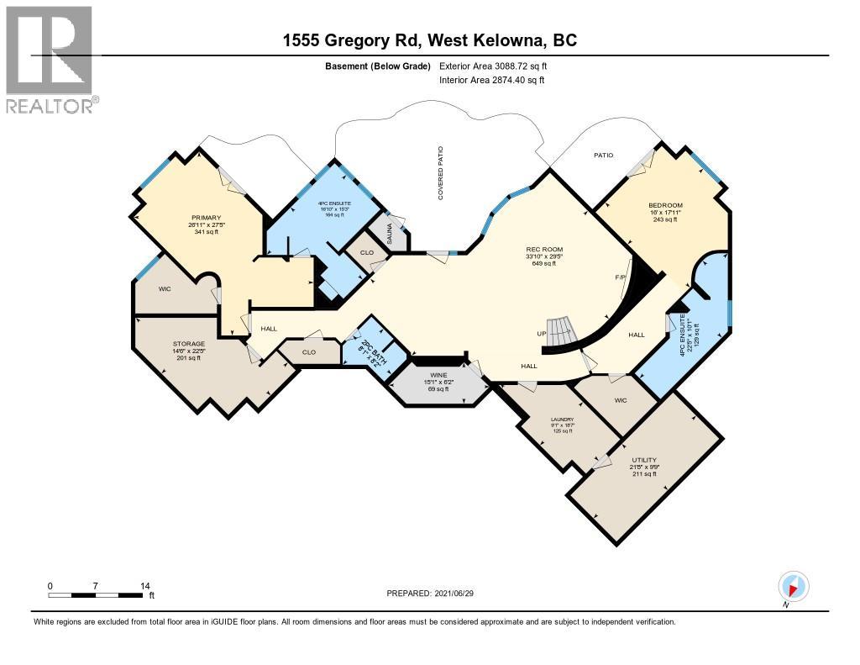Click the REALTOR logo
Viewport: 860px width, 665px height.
click(x=51, y=59)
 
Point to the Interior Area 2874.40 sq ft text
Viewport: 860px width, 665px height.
click(x=492, y=80)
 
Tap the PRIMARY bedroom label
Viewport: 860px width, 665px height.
click(x=205, y=217)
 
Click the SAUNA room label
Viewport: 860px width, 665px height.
click(x=391, y=232)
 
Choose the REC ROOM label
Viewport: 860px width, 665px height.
click(x=543, y=249)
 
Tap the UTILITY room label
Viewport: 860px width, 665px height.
click(x=644, y=460)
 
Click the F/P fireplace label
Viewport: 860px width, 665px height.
click(x=621, y=276)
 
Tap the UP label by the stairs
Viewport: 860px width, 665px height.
click(x=543, y=334)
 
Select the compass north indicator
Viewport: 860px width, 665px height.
click(x=794, y=586)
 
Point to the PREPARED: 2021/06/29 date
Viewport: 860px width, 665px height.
click(x=435, y=593)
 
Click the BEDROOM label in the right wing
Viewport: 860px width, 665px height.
click(x=665, y=206)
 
